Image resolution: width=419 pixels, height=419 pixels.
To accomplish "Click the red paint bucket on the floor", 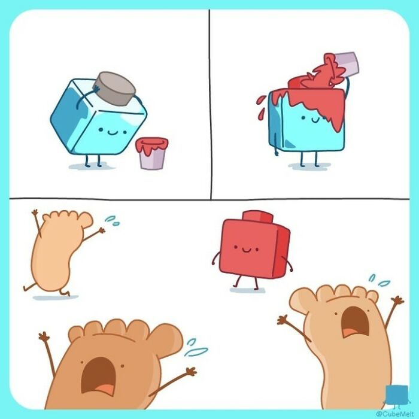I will [151, 153].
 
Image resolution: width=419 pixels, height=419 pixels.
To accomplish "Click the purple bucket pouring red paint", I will [345, 62].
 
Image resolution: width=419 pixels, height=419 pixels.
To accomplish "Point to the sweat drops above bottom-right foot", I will [378, 280].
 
